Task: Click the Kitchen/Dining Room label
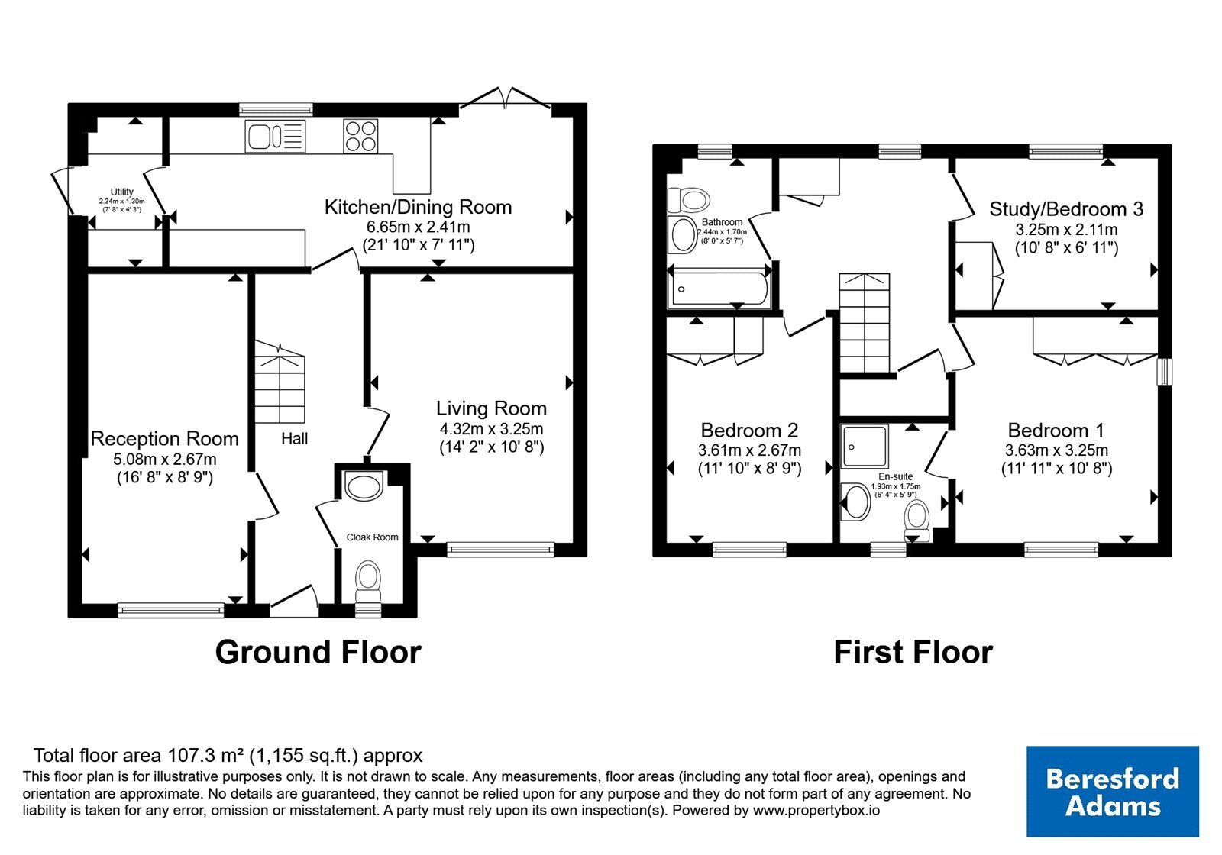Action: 418,207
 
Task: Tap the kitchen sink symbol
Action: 275,137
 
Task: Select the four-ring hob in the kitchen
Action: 360,137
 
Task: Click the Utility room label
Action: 121,192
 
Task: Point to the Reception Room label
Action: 165,439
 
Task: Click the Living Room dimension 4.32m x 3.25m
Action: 492,428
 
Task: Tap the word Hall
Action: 295,439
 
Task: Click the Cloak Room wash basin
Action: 364,486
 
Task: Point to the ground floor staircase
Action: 280,382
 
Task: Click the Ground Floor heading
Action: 318,652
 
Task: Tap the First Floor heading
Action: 913,652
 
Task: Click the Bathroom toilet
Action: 688,200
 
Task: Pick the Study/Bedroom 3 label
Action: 1066,209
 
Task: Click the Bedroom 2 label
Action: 749,431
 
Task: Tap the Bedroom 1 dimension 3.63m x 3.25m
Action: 1057,450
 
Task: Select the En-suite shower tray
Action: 865,447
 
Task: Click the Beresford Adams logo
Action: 1113,791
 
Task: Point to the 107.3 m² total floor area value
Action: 206,756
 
